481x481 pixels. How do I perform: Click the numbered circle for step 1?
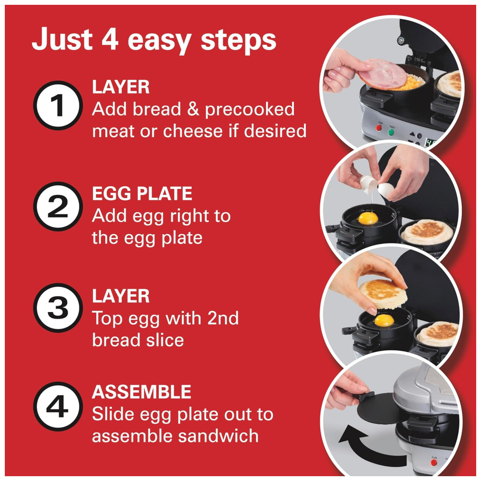pyautogui.click(x=58, y=105)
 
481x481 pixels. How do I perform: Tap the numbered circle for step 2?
pyautogui.click(x=58, y=206)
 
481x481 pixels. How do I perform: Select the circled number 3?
pyautogui.click(x=58, y=308)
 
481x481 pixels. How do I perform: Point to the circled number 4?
pyautogui.click(x=58, y=406)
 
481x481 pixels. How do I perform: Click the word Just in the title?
pyautogui.click(x=62, y=39)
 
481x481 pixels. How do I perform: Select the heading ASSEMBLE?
pyautogui.click(x=141, y=392)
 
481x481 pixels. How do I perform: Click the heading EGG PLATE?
pyautogui.click(x=142, y=193)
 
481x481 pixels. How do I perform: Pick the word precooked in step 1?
pyautogui.click(x=250, y=110)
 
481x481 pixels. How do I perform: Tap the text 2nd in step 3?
pyautogui.click(x=223, y=318)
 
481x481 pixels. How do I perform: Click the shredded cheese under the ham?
pyautogui.click(x=413, y=82)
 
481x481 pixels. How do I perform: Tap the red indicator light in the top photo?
pyautogui.click(x=379, y=127)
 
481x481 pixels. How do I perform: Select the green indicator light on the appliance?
pyautogui.click(x=391, y=132)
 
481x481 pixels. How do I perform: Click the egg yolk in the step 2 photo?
pyautogui.click(x=368, y=218)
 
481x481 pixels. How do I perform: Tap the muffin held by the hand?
pyautogui.click(x=383, y=294)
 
